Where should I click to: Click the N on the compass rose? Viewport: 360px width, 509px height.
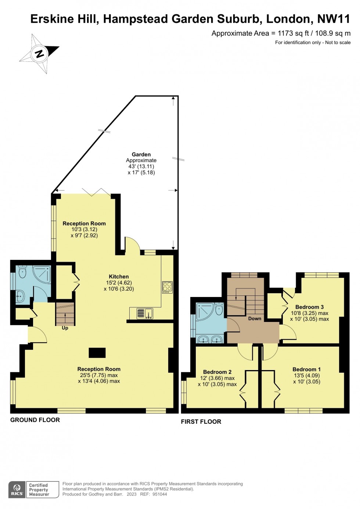40,54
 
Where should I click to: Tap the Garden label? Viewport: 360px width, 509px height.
141,154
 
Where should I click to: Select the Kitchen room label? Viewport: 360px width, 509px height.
119,276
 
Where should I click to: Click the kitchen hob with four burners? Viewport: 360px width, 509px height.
168,287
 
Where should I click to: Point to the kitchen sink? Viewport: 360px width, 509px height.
145,313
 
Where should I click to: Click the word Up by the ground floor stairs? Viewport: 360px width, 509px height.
65,328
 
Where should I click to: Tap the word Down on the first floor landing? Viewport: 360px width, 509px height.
255,319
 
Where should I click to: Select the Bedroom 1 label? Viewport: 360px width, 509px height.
307,369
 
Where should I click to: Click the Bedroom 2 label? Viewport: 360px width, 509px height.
217,372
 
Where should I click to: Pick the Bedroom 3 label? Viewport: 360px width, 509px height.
309,307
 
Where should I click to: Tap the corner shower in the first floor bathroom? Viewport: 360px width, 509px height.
205,312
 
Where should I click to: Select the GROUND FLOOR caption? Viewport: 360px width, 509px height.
35,420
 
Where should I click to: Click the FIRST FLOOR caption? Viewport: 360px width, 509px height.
201,422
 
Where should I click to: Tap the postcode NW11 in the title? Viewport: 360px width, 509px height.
334,19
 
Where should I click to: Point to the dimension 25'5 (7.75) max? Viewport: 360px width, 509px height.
98,375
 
